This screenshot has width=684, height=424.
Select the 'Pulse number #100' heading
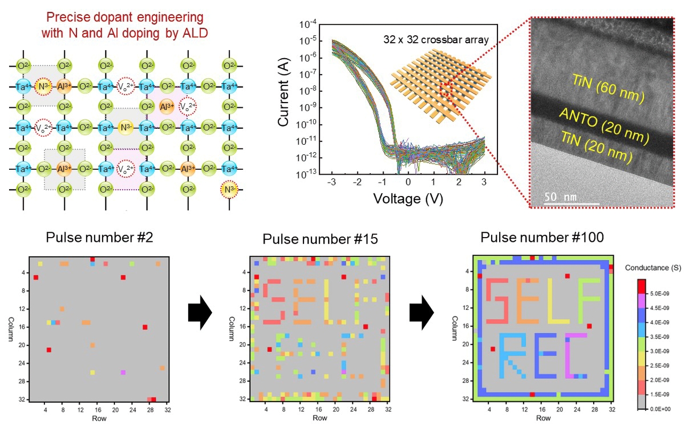coord(542,237)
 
